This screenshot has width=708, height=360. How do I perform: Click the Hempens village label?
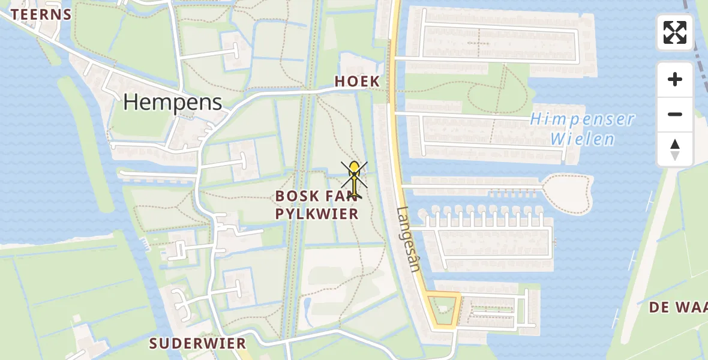tap(173, 103)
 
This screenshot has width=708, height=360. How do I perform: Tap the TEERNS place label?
tap(41, 14)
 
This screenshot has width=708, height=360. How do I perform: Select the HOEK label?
tap(357, 82)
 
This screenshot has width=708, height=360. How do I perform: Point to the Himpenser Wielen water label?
tap(582, 128)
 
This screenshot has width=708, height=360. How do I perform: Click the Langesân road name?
tap(408, 239)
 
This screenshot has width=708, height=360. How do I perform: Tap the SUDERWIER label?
tap(198, 344)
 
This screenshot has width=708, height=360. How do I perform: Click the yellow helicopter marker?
tap(355, 179)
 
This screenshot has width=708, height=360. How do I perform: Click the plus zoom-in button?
tap(675, 79)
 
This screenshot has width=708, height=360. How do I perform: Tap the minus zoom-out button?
tap(675, 114)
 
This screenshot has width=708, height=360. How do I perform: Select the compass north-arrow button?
tap(675, 149)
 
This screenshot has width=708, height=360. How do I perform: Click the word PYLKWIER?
tap(317, 214)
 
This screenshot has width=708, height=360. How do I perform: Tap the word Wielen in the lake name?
tap(583, 140)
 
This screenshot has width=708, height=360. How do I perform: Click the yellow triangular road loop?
tap(444, 310)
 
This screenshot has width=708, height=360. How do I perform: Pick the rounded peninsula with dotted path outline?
tap(569, 193)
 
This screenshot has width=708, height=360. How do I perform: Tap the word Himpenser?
tap(582, 119)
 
